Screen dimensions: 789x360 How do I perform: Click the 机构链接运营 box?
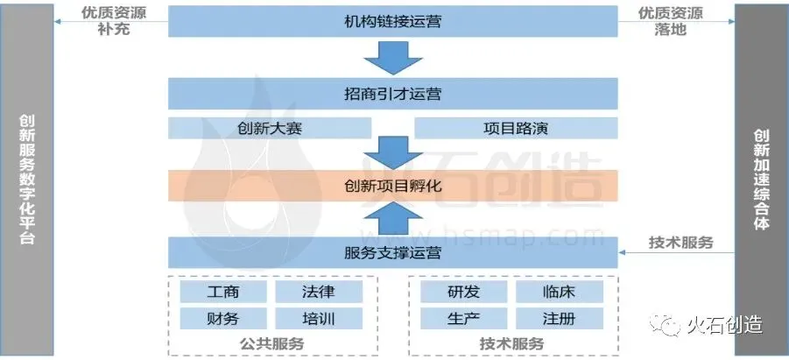(x=392, y=20)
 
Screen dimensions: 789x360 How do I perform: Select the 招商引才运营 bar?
(x=392, y=93)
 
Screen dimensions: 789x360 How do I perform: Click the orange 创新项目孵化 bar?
(x=392, y=186)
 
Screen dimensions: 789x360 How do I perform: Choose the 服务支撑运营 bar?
(x=392, y=253)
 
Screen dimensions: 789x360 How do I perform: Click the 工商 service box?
(x=220, y=292)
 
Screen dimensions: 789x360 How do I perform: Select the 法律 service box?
(x=316, y=292)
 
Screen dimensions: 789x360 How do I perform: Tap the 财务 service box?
(x=220, y=318)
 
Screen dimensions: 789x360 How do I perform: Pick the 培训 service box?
(x=316, y=318)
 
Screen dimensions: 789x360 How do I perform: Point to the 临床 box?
(x=558, y=292)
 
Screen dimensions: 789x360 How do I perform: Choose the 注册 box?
(x=558, y=318)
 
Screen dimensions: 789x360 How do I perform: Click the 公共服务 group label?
(x=271, y=343)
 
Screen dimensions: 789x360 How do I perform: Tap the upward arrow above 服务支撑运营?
(x=392, y=220)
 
